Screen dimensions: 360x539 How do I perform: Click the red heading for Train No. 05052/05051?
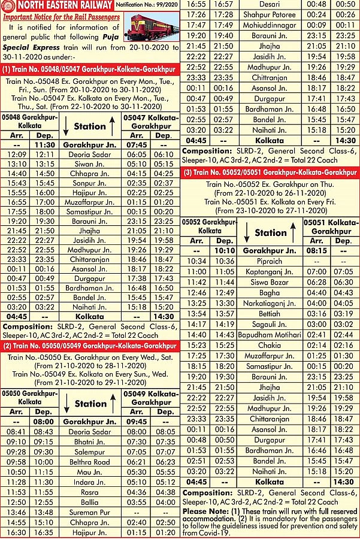pyautogui.click(x=270, y=172)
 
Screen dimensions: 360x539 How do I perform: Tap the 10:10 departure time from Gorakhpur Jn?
pyautogui.click(x=223, y=250)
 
